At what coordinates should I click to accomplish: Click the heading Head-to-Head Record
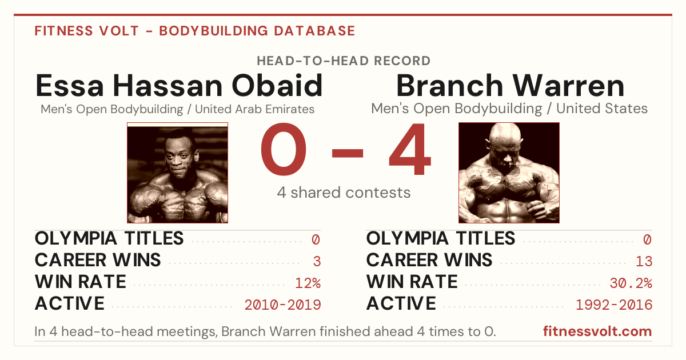click(344, 61)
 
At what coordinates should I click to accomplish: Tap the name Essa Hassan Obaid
click(179, 85)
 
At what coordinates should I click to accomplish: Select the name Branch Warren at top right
click(510, 85)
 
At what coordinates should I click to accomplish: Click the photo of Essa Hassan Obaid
click(177, 173)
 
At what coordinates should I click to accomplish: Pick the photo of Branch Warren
click(509, 173)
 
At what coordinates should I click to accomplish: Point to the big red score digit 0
click(284, 149)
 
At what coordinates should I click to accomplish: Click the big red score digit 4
click(410, 149)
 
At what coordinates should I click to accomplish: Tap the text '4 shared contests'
click(344, 193)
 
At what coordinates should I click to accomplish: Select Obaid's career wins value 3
click(317, 261)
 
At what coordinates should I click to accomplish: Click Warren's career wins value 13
click(644, 261)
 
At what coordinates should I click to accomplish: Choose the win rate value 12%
click(308, 283)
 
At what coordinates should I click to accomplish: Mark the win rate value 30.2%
click(631, 283)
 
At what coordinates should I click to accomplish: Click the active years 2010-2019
click(282, 305)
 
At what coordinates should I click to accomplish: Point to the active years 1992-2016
click(614, 305)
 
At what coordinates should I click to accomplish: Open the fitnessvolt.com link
click(597, 331)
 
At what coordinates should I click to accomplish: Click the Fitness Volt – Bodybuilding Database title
click(195, 31)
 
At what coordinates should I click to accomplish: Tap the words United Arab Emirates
click(255, 109)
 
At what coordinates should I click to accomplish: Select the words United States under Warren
click(602, 109)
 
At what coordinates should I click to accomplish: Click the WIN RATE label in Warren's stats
click(412, 282)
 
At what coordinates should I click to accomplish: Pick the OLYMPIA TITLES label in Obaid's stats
click(109, 238)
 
